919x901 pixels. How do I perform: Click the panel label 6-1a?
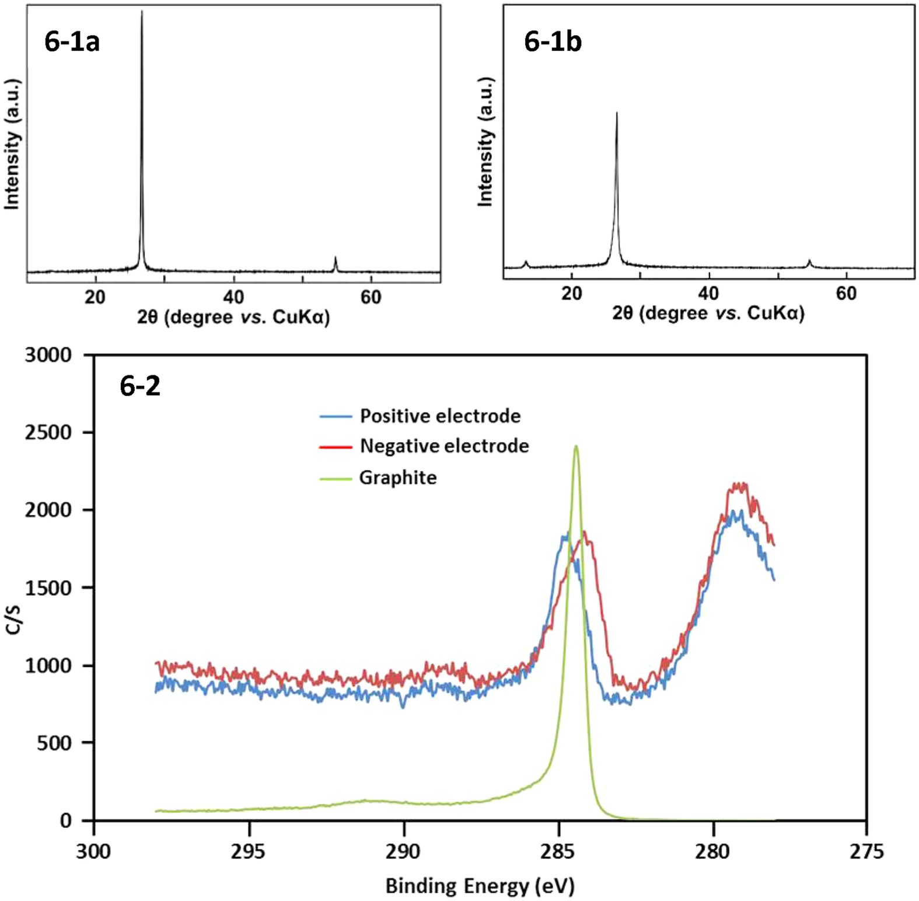(72, 41)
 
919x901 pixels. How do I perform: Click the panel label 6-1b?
(552, 41)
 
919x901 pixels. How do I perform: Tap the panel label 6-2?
(140, 386)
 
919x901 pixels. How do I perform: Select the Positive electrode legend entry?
(439, 416)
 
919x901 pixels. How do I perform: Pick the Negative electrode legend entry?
(443, 446)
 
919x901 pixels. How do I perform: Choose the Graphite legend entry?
(397, 478)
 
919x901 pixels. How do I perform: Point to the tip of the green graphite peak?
(576, 446)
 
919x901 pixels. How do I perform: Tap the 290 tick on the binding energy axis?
(403, 852)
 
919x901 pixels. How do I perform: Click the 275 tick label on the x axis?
(866, 852)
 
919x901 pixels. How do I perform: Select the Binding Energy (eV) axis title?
(480, 886)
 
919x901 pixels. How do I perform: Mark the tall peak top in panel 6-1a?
(142, 12)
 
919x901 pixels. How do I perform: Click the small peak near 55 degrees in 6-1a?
(335, 258)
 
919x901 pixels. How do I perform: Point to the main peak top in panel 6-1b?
(617, 113)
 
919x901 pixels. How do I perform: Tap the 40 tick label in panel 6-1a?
(233, 297)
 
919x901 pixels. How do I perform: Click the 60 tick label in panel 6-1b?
(846, 293)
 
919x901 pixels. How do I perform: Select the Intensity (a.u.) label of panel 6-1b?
(485, 142)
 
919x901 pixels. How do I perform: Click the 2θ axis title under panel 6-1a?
(233, 317)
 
